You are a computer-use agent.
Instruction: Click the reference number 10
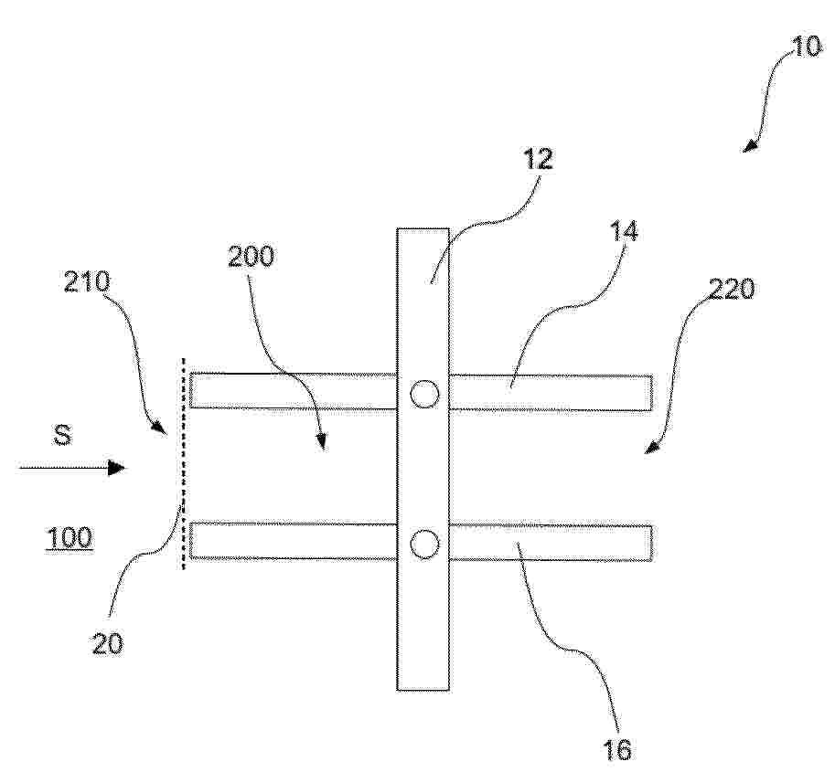pyautogui.click(x=807, y=47)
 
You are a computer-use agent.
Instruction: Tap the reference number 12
pyautogui.click(x=538, y=158)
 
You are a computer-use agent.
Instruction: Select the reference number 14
pyautogui.click(x=623, y=232)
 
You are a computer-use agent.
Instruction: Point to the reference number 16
pyautogui.click(x=616, y=749)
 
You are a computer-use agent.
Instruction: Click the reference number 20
pyautogui.click(x=108, y=643)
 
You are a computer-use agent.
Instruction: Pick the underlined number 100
pyautogui.click(x=70, y=538)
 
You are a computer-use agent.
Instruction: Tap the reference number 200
pyautogui.click(x=251, y=257)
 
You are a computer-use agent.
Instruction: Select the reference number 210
pyautogui.click(x=87, y=281)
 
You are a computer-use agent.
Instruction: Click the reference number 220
pyautogui.click(x=731, y=290)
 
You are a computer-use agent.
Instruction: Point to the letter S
pyautogui.click(x=62, y=436)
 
